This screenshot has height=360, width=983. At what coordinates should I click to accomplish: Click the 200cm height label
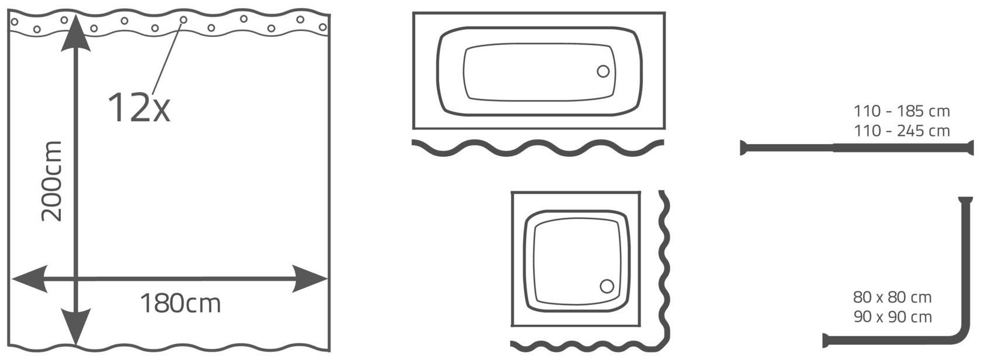point(52,181)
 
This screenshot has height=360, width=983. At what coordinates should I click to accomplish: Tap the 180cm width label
point(180,303)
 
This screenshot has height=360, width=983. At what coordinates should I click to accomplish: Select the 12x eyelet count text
point(139,107)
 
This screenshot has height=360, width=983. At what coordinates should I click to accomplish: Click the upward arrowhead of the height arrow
point(76,33)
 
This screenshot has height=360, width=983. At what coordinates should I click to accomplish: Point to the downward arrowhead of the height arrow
point(76,327)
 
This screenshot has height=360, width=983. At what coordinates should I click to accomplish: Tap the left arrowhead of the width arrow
point(30,279)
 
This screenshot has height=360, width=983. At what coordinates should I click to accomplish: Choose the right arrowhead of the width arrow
point(310,279)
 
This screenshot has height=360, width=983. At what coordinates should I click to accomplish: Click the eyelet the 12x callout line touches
point(183,20)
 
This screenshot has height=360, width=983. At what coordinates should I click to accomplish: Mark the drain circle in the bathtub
point(604,71)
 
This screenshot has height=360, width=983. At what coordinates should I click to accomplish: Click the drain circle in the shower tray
point(607,287)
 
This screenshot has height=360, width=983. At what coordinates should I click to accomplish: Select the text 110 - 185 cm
point(902,111)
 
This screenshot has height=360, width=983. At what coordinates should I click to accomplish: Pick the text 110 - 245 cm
point(902,131)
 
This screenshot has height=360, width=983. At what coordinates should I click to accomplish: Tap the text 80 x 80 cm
point(892,297)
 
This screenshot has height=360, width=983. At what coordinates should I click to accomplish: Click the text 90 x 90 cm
point(892,317)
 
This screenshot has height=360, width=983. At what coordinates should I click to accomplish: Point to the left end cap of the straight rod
point(742,148)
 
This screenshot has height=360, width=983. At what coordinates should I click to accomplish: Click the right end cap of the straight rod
point(971,148)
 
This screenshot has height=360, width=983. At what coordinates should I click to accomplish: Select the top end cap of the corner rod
point(966,200)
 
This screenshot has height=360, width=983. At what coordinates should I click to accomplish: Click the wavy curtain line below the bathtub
point(538,148)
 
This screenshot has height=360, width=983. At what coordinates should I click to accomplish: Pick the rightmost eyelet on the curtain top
point(323,27)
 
